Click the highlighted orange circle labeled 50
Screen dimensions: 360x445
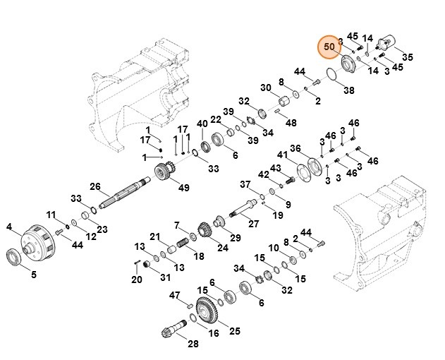329,47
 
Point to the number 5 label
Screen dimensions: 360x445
33,274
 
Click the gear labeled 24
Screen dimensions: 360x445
205,231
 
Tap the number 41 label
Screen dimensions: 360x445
282,155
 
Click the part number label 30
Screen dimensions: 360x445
265,88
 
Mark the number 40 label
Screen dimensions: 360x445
202,124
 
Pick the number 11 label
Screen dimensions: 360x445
51,215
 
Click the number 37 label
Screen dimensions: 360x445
245,184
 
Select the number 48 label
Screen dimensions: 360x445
291,122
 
